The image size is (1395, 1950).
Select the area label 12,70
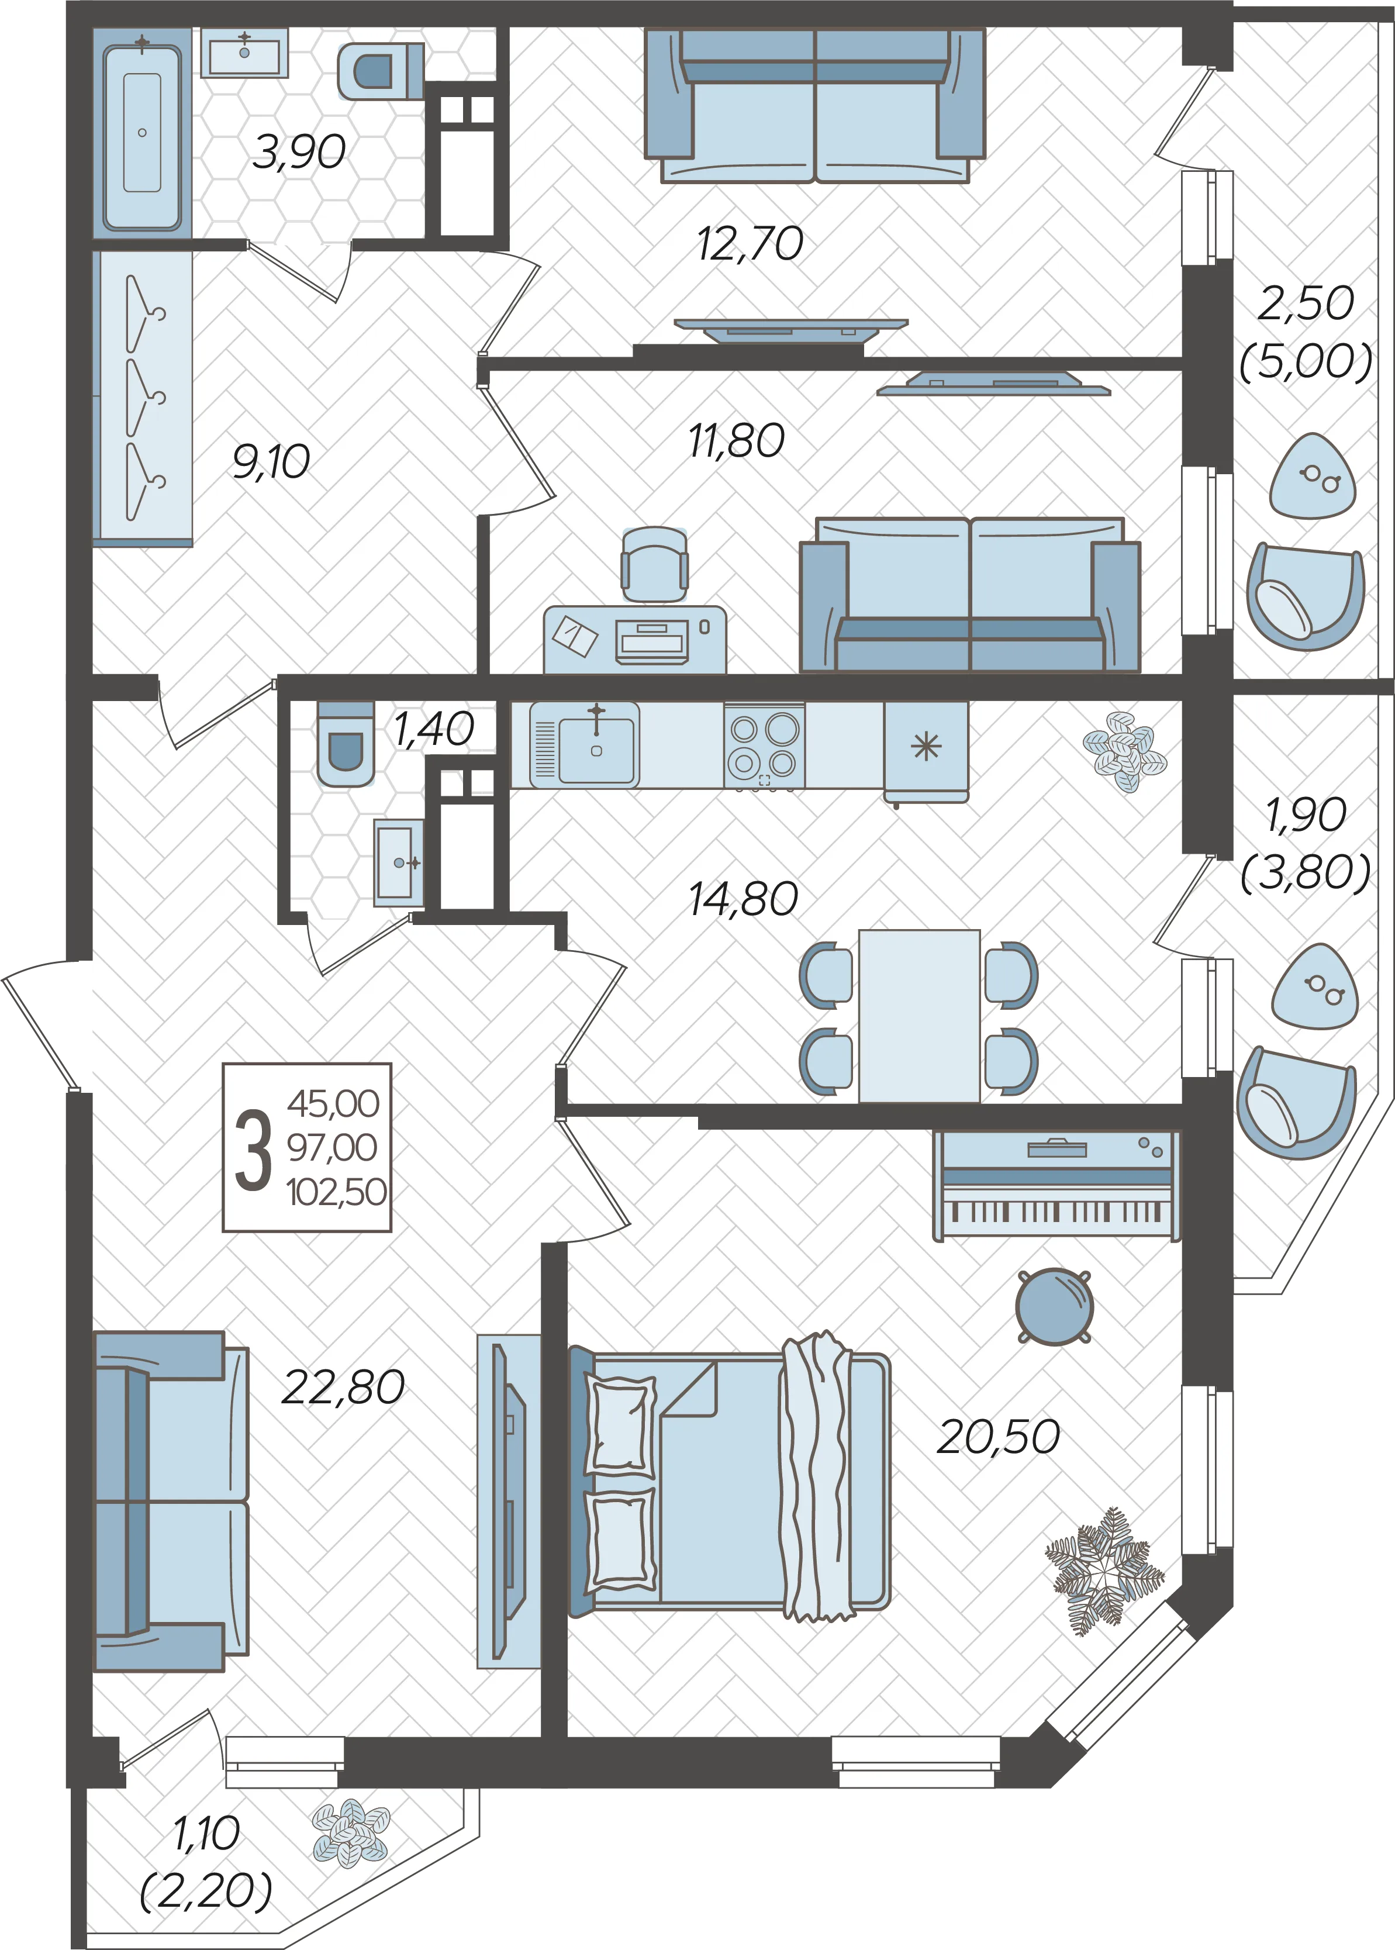point(750,244)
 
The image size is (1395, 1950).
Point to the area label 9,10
point(271,462)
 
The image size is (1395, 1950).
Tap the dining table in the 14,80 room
point(919,1016)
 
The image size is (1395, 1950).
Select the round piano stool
point(1054,1307)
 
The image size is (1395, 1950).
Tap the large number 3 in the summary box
point(253,1148)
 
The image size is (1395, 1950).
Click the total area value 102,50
point(337,1192)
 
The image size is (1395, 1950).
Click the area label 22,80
point(343,1388)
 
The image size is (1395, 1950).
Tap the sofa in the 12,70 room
point(814,106)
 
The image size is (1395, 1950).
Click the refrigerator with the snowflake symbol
point(926,751)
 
